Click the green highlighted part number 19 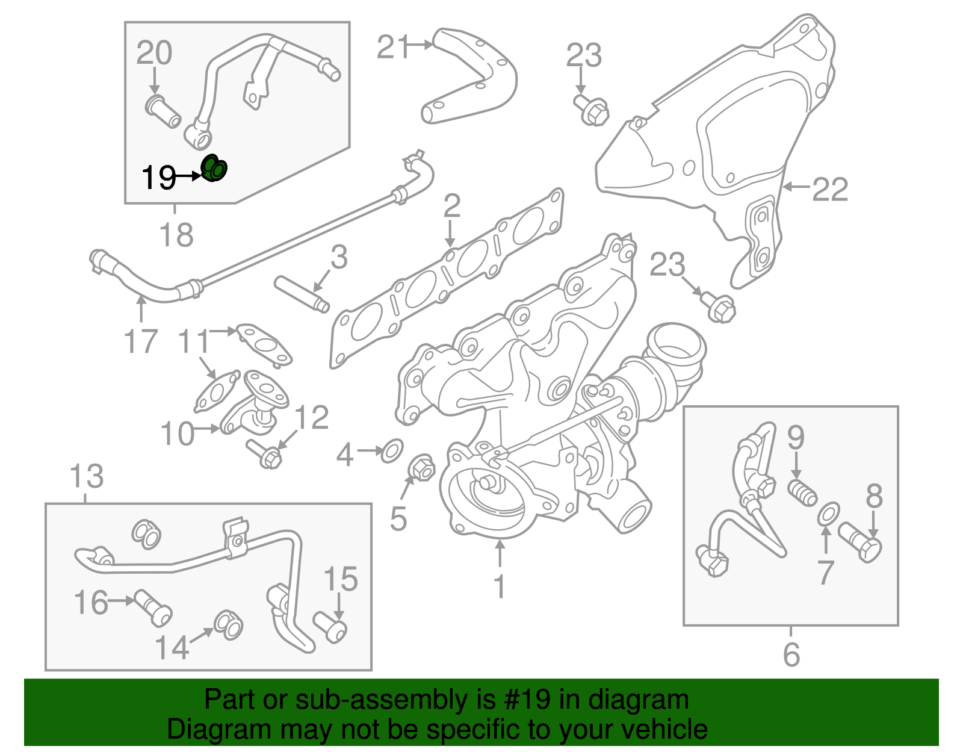[x=214, y=168]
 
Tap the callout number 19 [x=158, y=178]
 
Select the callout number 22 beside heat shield [x=830, y=190]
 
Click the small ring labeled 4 [x=392, y=450]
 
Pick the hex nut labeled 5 [x=421, y=468]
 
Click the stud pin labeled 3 [x=301, y=293]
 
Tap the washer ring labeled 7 [x=828, y=514]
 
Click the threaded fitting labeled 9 [x=802, y=491]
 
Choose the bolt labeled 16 [x=153, y=607]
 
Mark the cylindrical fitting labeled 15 [x=330, y=627]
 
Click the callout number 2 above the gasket [x=451, y=207]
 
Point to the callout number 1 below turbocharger [x=499, y=586]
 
